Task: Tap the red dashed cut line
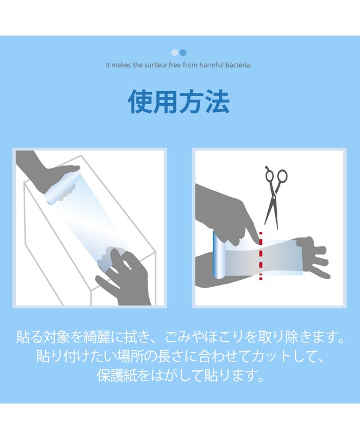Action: (260, 256)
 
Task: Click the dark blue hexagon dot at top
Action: (183, 52)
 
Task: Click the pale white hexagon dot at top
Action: (175, 52)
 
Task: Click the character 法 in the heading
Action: (218, 101)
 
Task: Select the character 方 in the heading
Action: (192, 101)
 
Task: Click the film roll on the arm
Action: (219, 255)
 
